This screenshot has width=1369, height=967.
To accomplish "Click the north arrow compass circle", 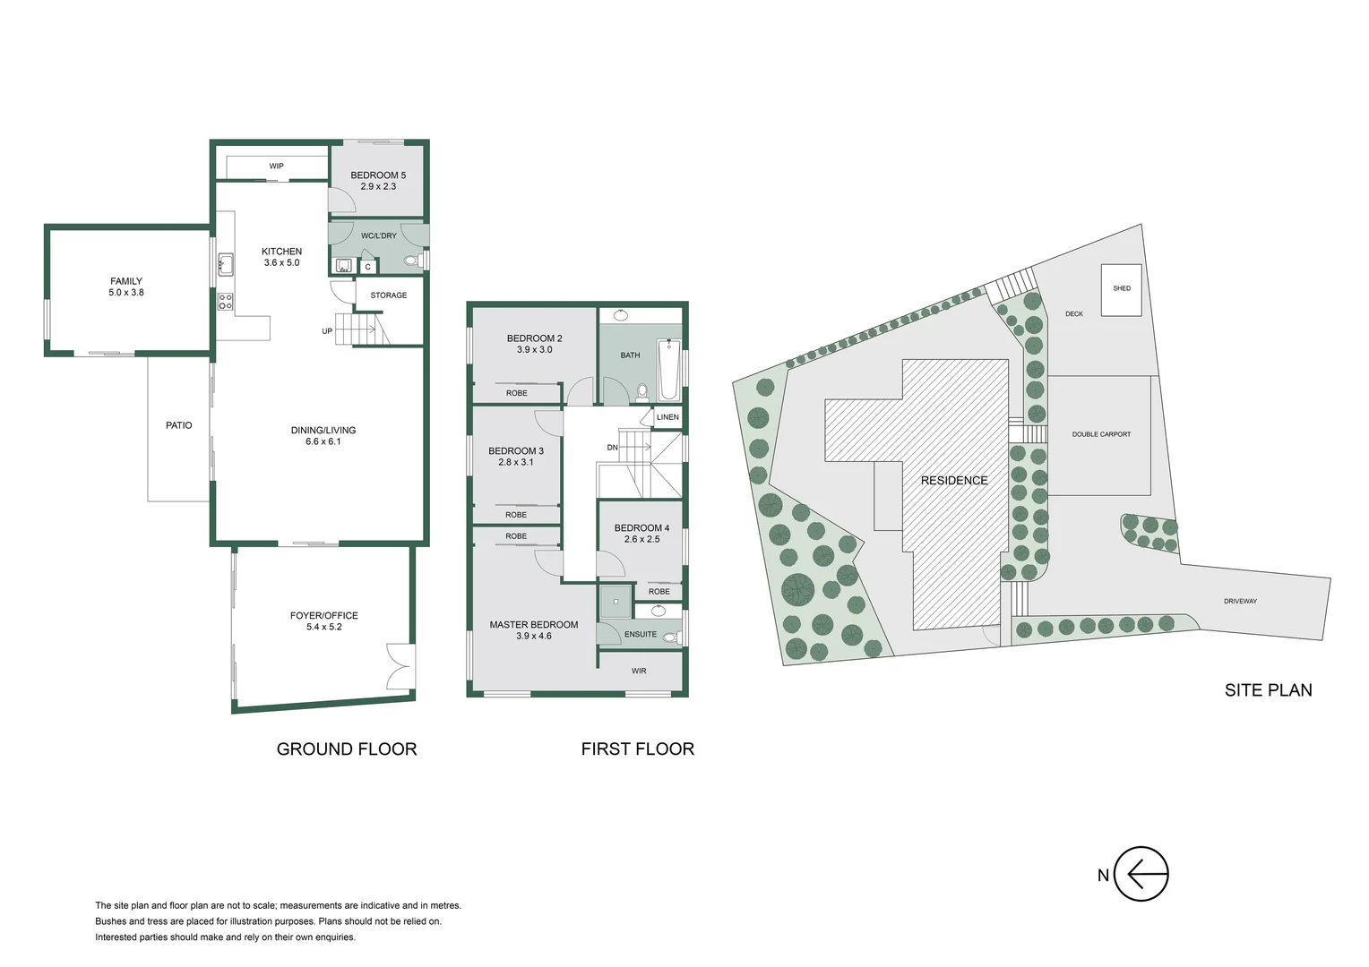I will [x=1141, y=874].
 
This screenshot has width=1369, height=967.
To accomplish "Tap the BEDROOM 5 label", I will [x=378, y=175].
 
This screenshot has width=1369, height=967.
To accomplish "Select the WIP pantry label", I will [x=276, y=167].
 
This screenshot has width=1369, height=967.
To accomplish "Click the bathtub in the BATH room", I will [x=667, y=369].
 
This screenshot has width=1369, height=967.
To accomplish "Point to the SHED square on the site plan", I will [x=1121, y=289].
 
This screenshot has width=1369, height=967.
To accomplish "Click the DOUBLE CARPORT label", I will [x=1101, y=434].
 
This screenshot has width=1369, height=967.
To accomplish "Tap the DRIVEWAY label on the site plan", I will [x=1240, y=601].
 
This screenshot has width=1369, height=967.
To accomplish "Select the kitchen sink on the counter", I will [x=226, y=264].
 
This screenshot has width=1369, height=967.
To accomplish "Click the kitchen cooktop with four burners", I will [x=226, y=302].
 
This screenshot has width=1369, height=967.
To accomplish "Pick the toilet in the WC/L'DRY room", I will [x=413, y=261].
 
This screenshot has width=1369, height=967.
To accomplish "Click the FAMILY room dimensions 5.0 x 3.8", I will [x=126, y=293].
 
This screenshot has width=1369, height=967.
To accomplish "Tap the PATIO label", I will [x=179, y=425].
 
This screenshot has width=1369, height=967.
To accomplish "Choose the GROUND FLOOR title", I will [x=347, y=749].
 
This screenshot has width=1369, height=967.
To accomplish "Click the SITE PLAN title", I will [x=1268, y=690].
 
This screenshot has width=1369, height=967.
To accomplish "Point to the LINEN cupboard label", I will [x=667, y=417].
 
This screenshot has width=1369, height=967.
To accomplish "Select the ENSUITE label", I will [x=641, y=635].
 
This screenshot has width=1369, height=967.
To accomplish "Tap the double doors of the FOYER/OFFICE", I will [x=400, y=667].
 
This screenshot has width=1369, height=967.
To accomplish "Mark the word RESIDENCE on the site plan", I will [x=954, y=481].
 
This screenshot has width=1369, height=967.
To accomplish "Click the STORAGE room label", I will [x=389, y=295].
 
